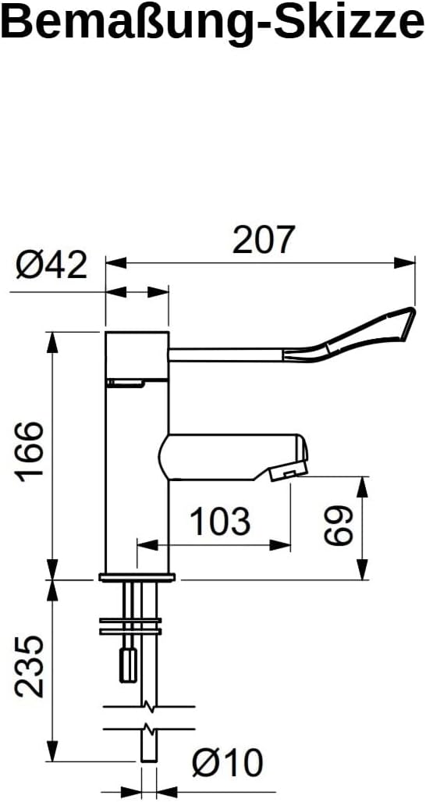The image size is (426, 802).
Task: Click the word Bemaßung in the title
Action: pyautogui.click(x=110, y=23)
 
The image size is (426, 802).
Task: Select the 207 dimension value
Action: pyautogui.click(x=264, y=240)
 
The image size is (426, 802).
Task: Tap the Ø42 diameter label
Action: pyautogui.click(x=51, y=266)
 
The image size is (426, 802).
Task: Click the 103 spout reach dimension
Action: pyautogui.click(x=221, y=521)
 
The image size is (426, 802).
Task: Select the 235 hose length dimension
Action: pyautogui.click(x=30, y=665)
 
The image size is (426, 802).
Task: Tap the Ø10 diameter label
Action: pyautogui.click(x=228, y=762)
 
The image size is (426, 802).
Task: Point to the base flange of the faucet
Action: pyautogui.click(x=137, y=578)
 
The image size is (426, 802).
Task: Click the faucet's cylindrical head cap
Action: pyautogui.click(x=137, y=355)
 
